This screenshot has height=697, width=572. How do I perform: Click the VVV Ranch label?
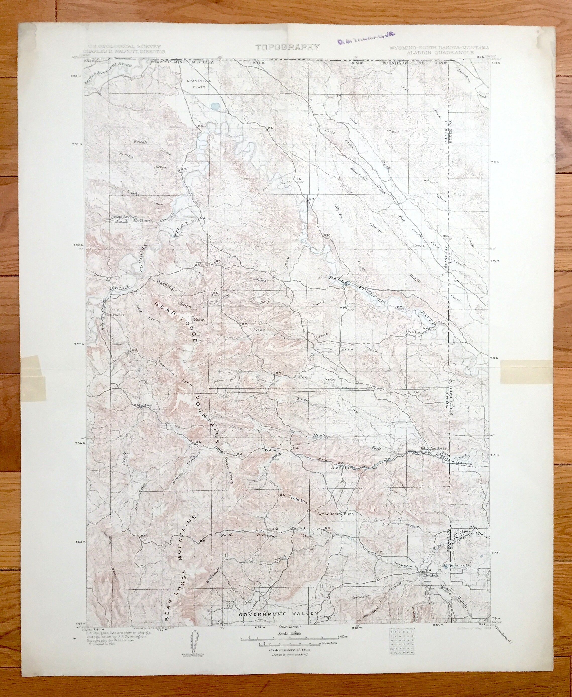(x=417, y=332)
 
